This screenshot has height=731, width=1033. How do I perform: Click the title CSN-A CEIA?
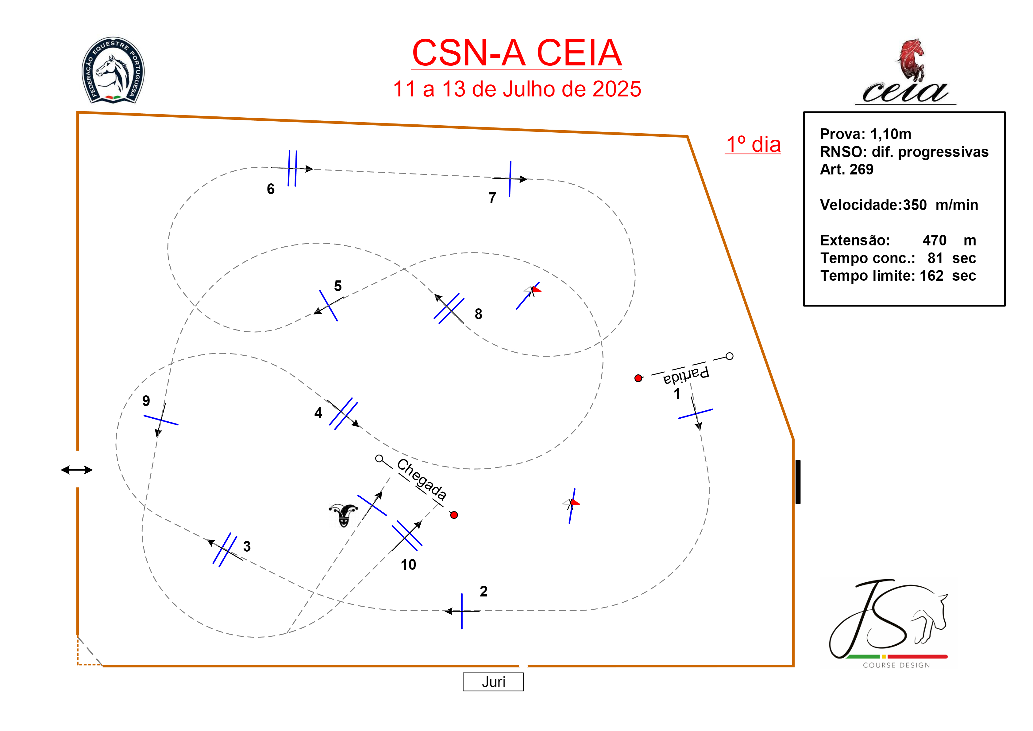[517, 53]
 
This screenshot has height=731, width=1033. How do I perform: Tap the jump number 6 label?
[270, 189]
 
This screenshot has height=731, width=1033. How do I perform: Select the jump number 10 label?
[408, 565]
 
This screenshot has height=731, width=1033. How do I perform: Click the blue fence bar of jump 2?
[462, 611]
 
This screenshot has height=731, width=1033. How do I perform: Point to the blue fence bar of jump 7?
[510, 179]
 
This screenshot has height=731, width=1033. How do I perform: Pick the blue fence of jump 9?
[161, 420]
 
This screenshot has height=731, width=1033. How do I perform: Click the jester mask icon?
[343, 515]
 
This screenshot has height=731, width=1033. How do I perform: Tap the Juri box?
[493, 682]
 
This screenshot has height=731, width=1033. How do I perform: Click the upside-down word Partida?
[686, 375]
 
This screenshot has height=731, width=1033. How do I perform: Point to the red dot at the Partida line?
[638, 378]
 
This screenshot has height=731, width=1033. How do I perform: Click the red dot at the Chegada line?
[454, 515]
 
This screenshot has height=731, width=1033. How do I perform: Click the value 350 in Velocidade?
[915, 205]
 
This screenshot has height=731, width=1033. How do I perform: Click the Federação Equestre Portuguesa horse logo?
[113, 71]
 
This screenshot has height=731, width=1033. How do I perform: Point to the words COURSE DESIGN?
[896, 665]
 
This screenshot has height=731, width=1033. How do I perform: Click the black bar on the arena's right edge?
[798, 482]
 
